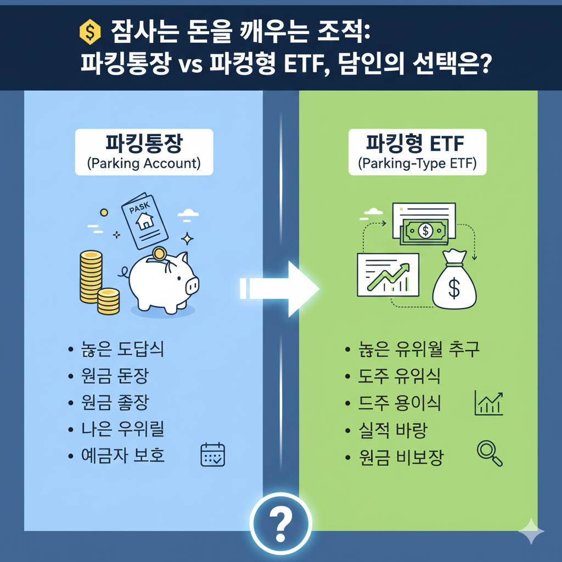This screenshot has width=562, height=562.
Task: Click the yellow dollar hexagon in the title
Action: [x=89, y=32]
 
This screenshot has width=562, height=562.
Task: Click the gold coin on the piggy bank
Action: [x=159, y=254]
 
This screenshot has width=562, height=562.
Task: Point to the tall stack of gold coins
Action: [x=91, y=277]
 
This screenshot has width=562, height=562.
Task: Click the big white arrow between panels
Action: [x=280, y=288]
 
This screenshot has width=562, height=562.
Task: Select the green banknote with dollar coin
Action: [x=425, y=231]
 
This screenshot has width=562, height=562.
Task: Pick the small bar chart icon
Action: [x=487, y=404]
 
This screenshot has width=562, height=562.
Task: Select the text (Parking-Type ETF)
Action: [x=417, y=164]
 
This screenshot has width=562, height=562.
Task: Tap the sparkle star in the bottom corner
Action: [x=531, y=531]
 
